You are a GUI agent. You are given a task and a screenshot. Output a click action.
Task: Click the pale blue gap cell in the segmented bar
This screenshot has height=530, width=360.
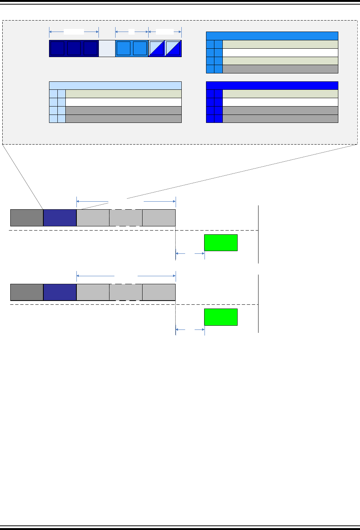coord(107,48)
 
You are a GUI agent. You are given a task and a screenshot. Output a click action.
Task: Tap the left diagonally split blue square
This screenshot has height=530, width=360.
coord(156,48)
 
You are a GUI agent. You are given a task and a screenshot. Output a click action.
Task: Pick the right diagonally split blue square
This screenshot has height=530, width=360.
coord(173,48)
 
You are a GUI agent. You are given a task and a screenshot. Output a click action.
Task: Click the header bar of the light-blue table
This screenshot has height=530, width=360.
coord(115,86)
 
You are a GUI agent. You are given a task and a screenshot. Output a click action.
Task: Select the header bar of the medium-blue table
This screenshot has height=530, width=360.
coord(272,36)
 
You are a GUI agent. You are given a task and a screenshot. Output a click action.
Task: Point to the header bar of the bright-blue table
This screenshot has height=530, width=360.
coord(272,86)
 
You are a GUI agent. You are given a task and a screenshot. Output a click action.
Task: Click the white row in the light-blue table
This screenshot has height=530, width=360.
coord(123,102)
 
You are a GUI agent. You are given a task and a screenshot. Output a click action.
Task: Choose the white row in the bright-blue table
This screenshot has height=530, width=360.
coord(280,102)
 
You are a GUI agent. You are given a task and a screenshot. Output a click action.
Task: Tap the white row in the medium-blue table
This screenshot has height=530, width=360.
coord(280,53)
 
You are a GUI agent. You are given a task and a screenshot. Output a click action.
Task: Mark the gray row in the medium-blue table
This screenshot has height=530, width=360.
coord(280,69)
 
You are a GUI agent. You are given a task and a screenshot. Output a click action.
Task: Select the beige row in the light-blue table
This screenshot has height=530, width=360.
coord(123,94)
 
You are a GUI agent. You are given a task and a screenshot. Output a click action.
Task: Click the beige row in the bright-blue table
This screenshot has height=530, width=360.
coord(280,94)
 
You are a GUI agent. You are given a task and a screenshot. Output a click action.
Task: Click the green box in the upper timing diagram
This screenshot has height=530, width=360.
coord(221,243)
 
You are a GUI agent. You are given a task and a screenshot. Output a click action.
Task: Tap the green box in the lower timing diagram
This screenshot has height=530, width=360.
coord(221,317)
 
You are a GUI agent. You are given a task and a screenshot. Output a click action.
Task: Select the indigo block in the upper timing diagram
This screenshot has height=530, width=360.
coord(60,218)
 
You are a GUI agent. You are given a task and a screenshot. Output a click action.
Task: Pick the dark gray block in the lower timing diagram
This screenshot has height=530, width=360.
coord(27,292)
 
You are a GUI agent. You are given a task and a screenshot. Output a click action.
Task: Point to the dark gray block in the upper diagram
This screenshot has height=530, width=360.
coord(27,218)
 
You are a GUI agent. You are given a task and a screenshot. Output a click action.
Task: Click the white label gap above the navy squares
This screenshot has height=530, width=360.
coord(74,32)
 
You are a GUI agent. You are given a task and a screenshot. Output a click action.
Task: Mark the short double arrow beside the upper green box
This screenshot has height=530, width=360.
coord(190,253)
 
